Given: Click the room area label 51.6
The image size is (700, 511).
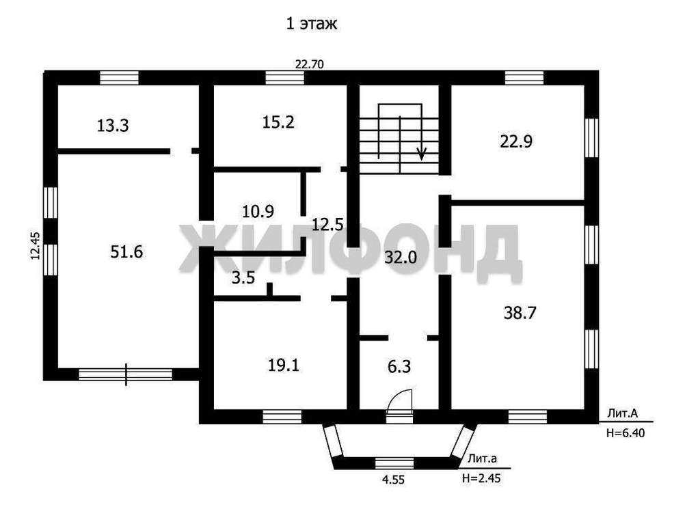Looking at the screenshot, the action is [x=126, y=251].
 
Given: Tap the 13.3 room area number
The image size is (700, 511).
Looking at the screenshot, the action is [x=113, y=126].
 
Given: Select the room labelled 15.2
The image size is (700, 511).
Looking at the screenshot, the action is [x=278, y=122].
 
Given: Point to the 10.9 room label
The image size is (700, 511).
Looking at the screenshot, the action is [x=258, y=210].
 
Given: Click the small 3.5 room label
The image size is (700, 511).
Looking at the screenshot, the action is [x=243, y=277].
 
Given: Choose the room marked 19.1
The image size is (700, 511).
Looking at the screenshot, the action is [x=284, y=365].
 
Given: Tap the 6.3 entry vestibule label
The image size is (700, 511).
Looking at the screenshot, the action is [x=399, y=366].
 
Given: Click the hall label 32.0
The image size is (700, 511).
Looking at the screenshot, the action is [x=401, y=257].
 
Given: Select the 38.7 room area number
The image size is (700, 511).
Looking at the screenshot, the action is [x=520, y=313].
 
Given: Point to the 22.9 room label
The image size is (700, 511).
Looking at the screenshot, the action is [x=516, y=141].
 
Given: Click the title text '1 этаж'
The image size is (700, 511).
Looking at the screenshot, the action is [x=312, y=24].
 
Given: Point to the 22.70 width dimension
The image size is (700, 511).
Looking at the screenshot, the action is [x=310, y=64].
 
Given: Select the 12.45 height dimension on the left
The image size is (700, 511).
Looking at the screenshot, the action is [x=35, y=246].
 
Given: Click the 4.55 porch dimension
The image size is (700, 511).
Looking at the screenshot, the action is [x=393, y=480].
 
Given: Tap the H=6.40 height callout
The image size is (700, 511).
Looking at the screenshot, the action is [x=625, y=432].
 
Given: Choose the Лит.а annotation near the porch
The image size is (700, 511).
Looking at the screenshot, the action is [x=483, y=458].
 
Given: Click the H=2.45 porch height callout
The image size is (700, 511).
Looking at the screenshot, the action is [x=481, y=478].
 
